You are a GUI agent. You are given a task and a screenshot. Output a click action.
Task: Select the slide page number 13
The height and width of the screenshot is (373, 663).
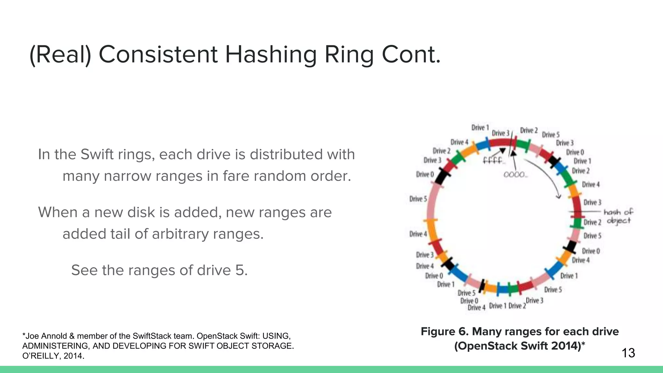tap(628, 353)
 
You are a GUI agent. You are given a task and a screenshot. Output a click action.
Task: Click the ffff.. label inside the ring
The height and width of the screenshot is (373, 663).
tap(493, 160)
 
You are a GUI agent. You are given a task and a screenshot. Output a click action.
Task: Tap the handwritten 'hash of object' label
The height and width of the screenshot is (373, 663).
tap(618, 216)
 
